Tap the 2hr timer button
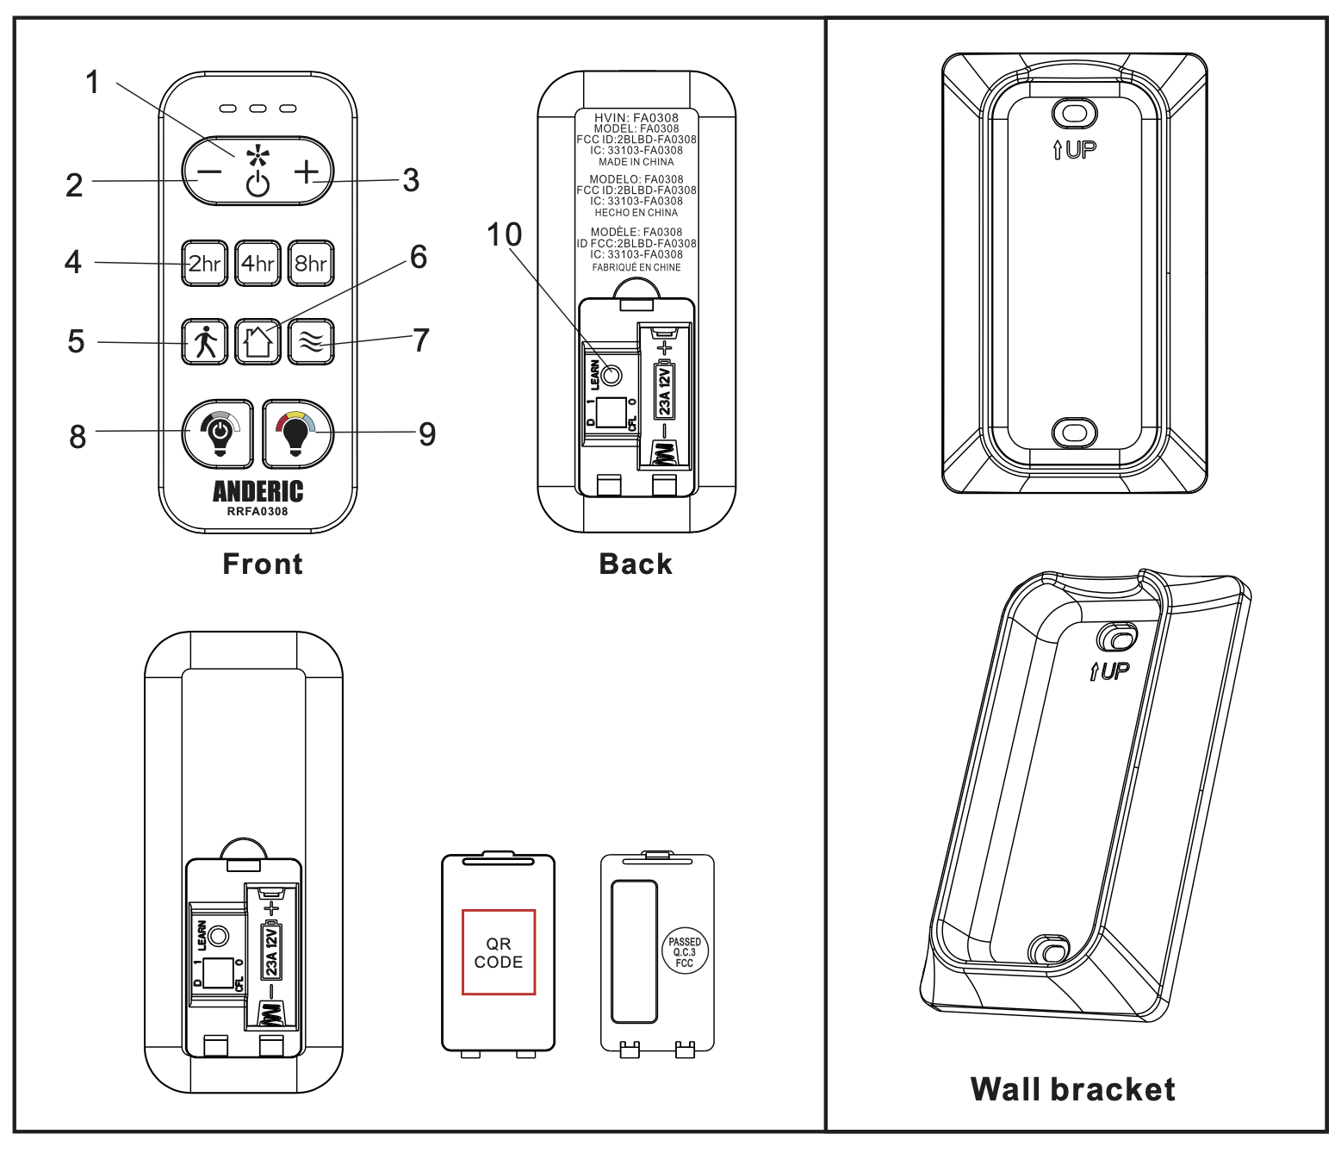tap(204, 263)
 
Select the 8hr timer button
tap(311, 263)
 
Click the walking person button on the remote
tap(205, 342)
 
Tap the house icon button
tap(258, 342)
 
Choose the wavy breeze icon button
tap(311, 342)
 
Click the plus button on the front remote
tap(307, 171)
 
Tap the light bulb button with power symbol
tap(218, 433)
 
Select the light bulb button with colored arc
tap(297, 433)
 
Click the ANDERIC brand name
tap(258, 491)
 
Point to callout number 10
tap(505, 234)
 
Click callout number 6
tap(419, 257)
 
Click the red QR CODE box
tap(499, 952)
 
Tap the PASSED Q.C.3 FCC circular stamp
tap(685, 952)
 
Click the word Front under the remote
tap(263, 564)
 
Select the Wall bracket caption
tap(1072, 1089)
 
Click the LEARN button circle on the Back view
tap(611, 375)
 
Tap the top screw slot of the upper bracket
tap(1075, 114)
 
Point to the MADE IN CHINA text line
tap(636, 162)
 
